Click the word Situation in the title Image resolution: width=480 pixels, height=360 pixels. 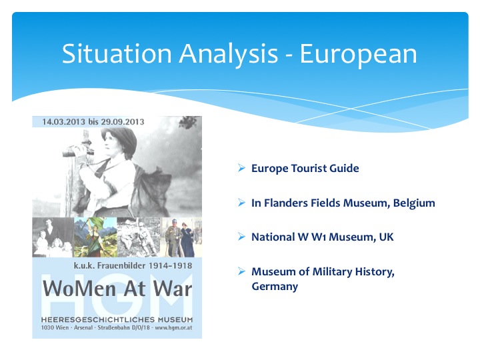pos(117,53)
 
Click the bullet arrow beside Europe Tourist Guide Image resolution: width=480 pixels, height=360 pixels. pos(241,168)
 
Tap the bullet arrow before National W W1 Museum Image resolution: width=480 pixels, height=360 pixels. pos(241,237)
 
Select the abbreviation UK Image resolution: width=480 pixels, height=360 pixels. pos(386,237)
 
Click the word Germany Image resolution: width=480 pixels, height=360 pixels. pos(275,287)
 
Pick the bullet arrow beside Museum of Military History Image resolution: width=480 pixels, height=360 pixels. pos(241,271)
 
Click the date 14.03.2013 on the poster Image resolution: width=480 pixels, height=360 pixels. pos(64,122)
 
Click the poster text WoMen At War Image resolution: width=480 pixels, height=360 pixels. pos(117,289)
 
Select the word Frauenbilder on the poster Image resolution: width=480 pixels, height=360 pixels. pos(121,265)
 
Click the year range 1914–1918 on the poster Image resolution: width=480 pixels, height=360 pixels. pos(170,265)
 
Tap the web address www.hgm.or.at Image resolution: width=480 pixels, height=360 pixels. pos(173,327)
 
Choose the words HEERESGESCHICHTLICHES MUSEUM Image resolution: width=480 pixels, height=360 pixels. pos(117,319)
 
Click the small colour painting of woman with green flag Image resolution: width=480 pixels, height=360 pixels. pos(95,237)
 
